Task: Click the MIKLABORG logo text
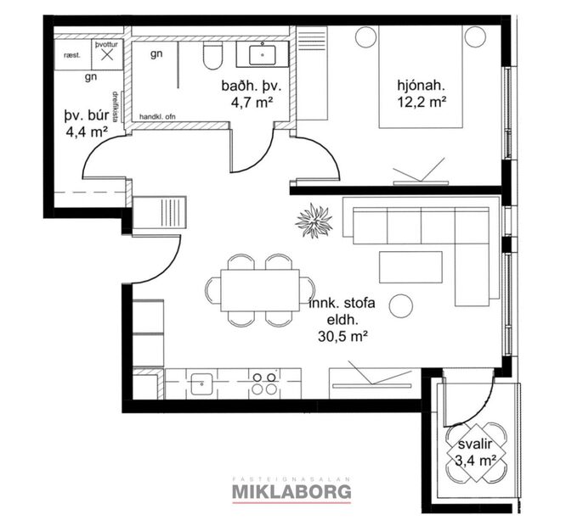click(291, 490)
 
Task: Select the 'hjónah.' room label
click(422, 86)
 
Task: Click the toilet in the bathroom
click(212, 57)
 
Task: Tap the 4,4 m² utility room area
click(85, 132)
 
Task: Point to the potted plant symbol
click(313, 220)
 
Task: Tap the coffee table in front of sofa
click(411, 266)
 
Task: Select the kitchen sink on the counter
click(201, 383)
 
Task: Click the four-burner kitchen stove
click(263, 383)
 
